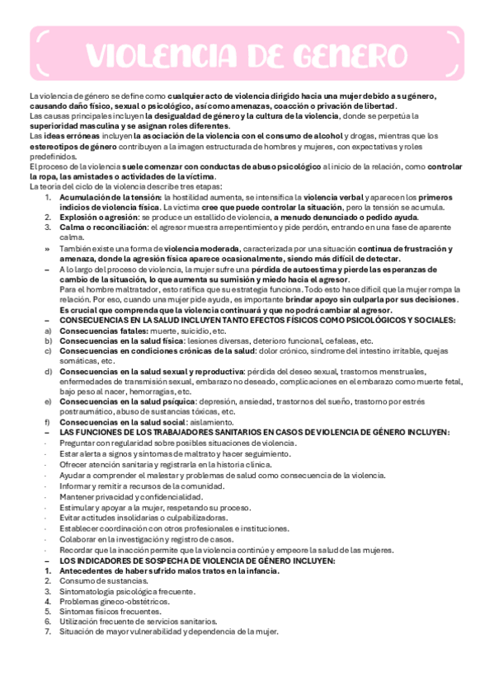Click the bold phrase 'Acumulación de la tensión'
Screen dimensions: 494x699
click(111, 198)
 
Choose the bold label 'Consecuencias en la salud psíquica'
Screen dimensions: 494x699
click(128, 401)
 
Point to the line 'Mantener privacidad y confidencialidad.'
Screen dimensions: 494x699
click(131, 497)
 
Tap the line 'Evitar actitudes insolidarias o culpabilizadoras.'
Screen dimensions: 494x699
click(151, 518)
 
